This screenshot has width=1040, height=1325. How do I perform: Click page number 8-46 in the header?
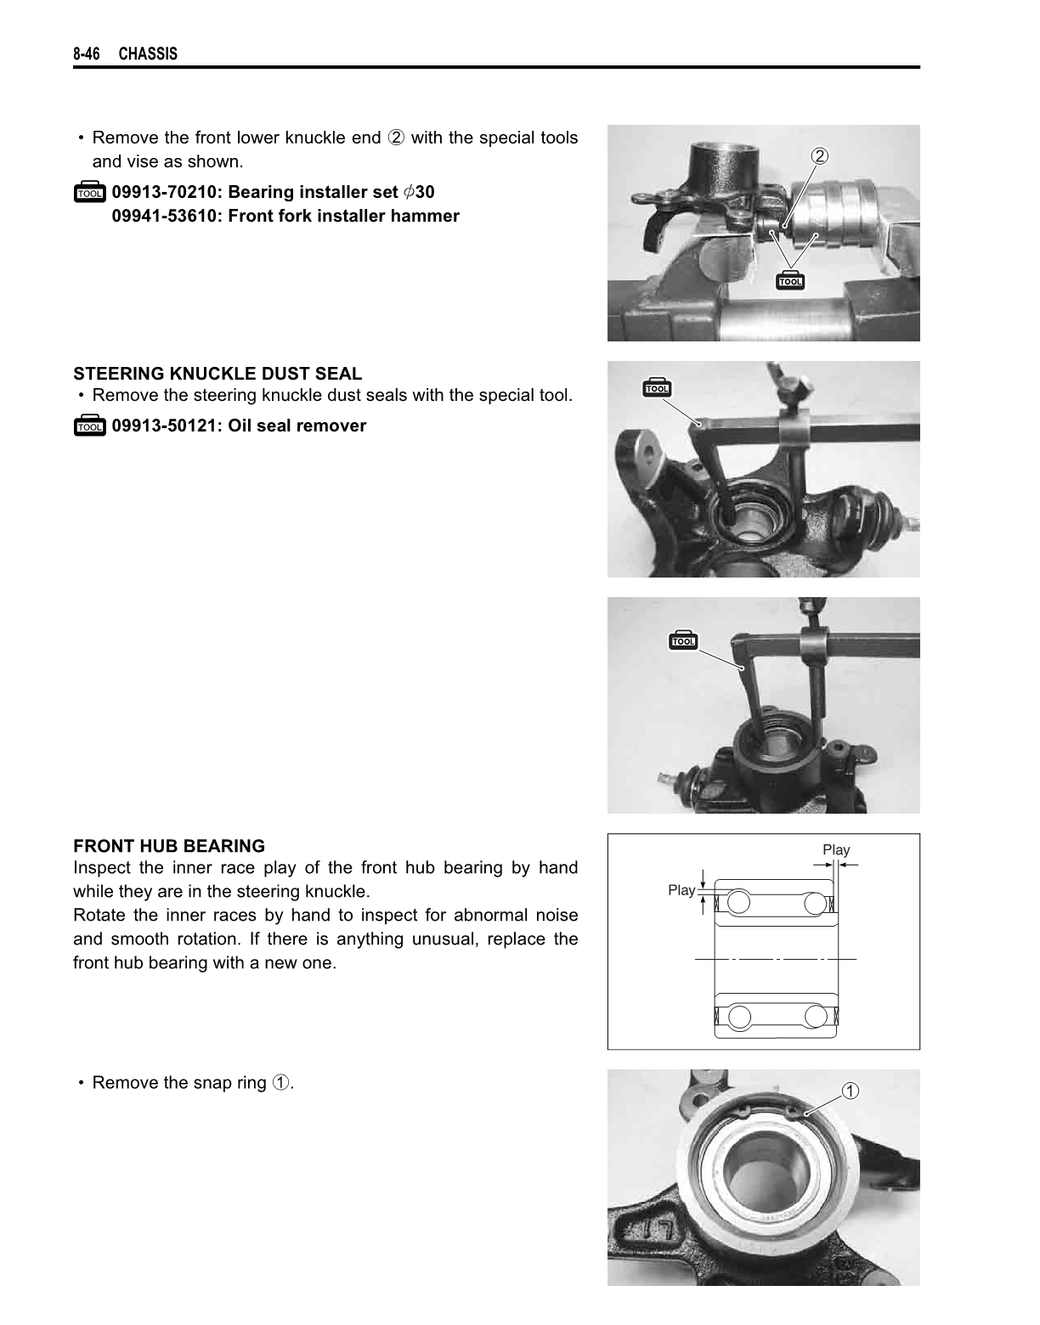86,54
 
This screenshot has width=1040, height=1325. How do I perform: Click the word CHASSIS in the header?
148,54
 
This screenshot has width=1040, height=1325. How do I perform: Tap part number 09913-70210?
164,192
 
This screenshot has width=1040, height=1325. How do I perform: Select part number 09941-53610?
164,216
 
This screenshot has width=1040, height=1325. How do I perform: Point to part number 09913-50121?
164,426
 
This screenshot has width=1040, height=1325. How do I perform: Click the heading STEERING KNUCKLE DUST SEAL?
218,373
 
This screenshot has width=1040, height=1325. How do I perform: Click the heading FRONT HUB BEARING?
169,846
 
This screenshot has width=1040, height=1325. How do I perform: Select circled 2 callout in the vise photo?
819,156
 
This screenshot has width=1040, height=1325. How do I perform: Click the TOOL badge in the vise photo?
790,280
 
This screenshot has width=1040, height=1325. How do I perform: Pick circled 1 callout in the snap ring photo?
850,1091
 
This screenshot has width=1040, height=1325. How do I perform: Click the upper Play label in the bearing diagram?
836,849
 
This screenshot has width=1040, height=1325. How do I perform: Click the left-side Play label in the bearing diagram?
681,890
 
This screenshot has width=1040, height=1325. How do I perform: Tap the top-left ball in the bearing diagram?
738,902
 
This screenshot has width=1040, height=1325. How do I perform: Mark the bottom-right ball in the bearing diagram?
816,1017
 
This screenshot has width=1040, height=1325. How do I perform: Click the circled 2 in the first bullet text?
396,138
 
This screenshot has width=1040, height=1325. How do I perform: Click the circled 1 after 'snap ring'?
280,1083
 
